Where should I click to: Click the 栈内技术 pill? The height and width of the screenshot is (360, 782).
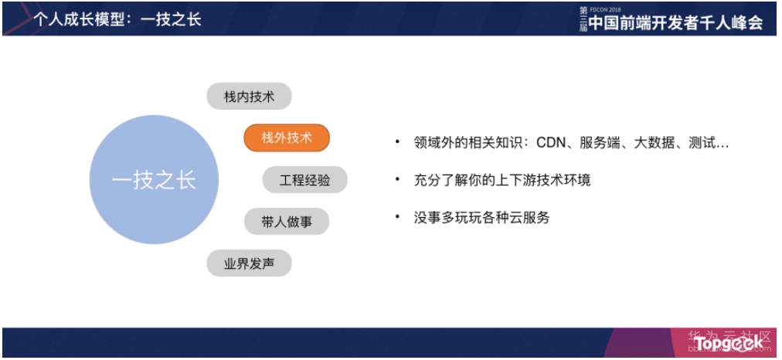249,97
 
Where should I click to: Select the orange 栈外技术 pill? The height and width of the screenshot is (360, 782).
287,138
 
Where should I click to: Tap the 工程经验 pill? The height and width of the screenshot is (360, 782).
304,180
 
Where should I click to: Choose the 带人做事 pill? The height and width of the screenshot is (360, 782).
287,222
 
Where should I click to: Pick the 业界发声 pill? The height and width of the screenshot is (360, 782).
249,263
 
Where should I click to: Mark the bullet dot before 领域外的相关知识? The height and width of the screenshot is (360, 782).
397,143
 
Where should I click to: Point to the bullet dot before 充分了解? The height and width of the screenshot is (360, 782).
397,180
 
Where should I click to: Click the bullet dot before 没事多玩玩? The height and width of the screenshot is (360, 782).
397,217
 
